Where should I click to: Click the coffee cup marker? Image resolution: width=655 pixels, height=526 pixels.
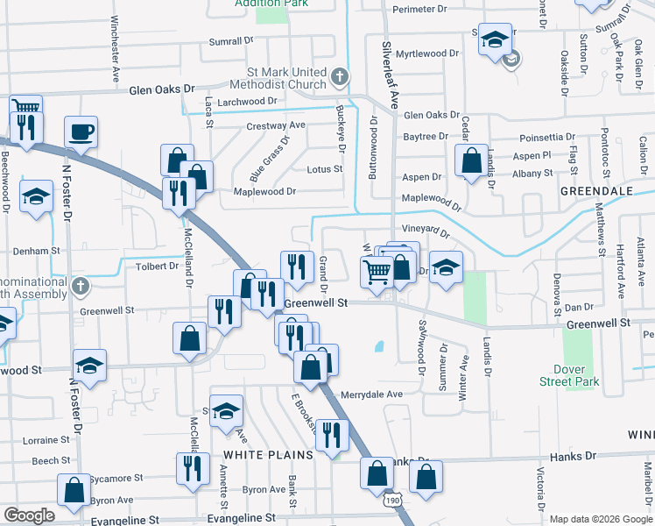[x=81, y=133]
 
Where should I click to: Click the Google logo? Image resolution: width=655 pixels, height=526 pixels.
[x=29, y=515]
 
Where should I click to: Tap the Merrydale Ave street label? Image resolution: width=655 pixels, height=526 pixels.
[x=371, y=394]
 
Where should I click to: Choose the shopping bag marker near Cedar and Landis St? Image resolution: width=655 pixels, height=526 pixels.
[x=471, y=160]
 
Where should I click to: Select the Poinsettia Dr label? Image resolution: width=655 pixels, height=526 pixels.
[x=547, y=138]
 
